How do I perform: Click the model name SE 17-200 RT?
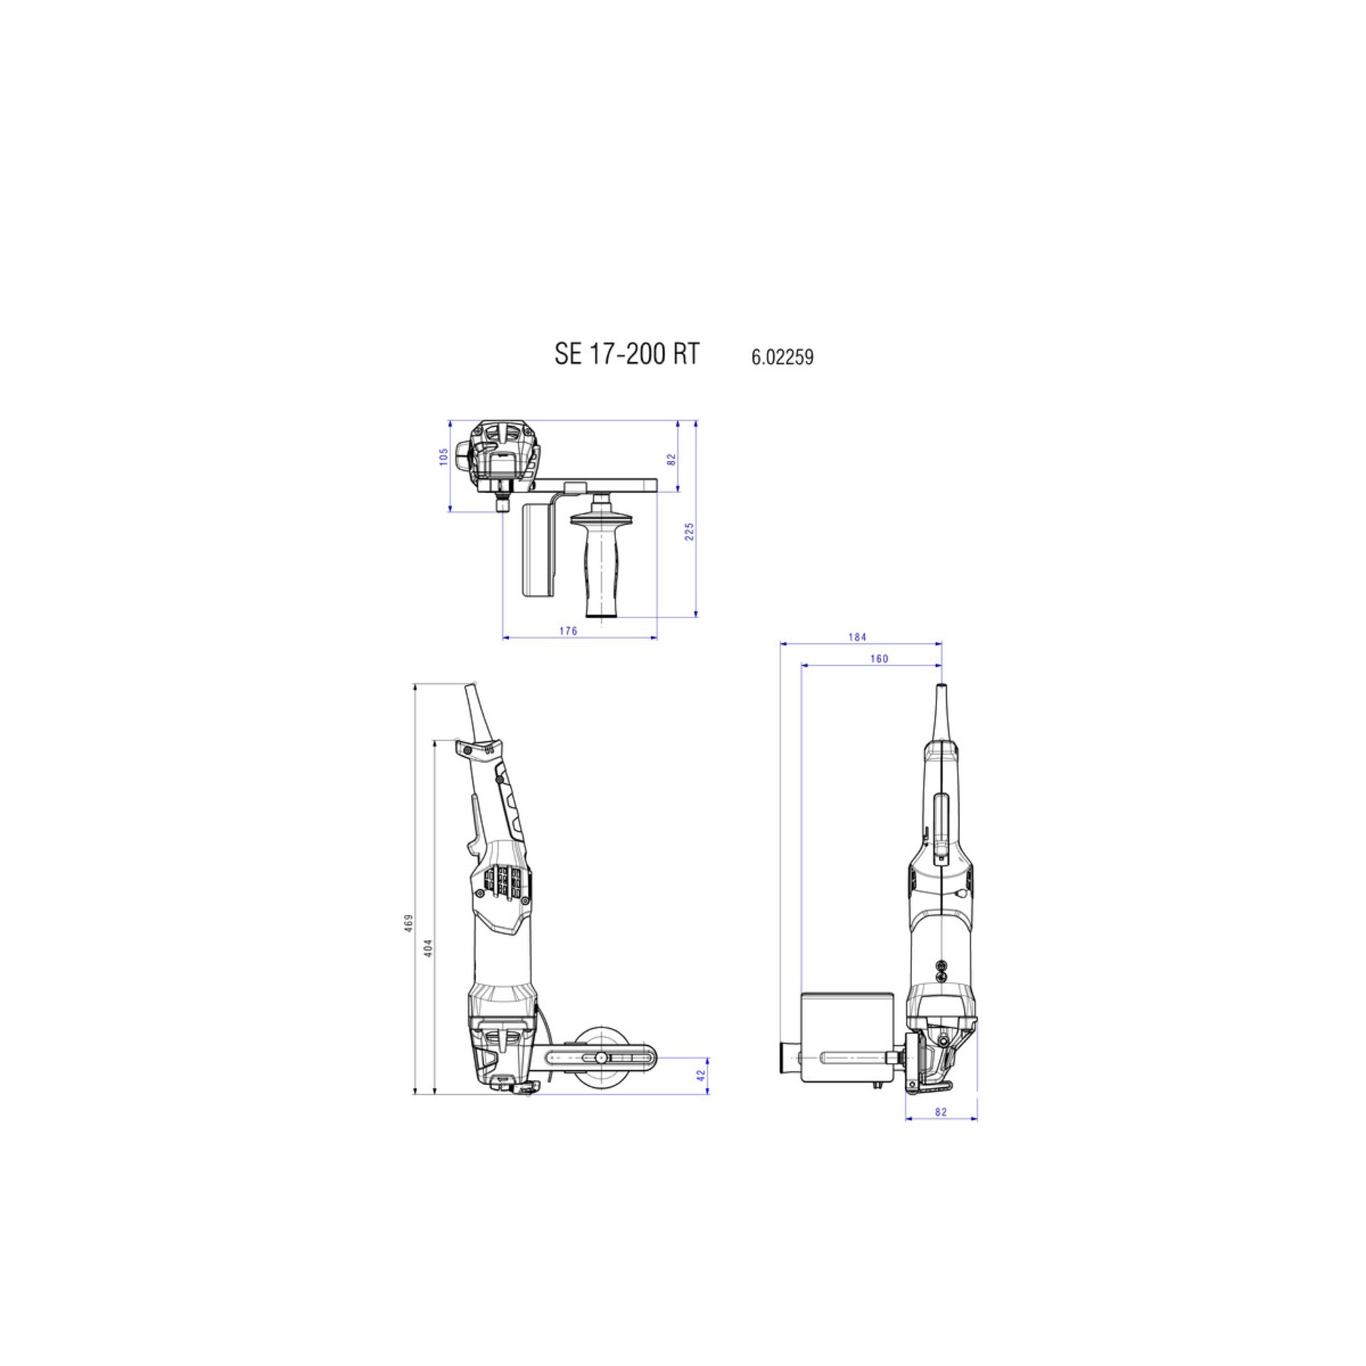627,354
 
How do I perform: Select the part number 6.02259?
782,357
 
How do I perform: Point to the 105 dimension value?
444,456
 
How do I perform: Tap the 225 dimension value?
689,531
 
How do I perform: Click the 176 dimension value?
568,631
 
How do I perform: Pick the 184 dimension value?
857,637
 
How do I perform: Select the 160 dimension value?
879,659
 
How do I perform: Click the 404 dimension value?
428,948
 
